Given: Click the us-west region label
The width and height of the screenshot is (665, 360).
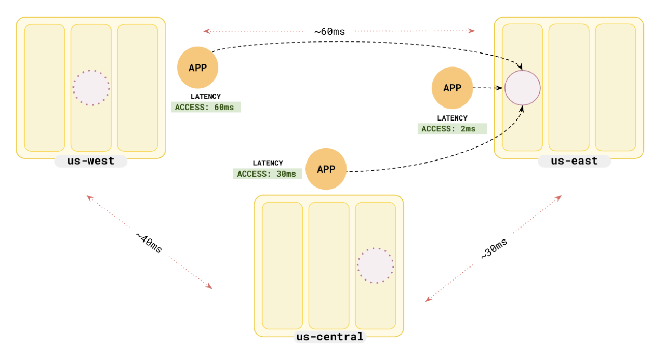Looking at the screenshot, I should click(x=91, y=161).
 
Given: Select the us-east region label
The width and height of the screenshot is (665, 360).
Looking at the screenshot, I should click(x=574, y=161).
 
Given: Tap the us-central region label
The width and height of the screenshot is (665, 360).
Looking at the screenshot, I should click(x=329, y=337).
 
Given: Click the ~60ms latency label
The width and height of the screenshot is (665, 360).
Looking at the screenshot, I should click(x=329, y=31).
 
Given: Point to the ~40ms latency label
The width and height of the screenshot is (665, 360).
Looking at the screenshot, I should click(x=149, y=243).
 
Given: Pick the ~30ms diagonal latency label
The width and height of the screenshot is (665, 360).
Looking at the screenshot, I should click(x=494, y=249).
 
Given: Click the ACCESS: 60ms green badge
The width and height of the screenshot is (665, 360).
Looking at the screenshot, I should click(x=206, y=108).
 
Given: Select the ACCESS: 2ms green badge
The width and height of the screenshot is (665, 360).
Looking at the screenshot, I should click(x=452, y=129).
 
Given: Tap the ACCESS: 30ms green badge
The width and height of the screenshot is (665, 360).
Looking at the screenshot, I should click(x=267, y=174).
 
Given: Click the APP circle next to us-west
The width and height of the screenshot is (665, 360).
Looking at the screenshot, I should click(x=197, y=68).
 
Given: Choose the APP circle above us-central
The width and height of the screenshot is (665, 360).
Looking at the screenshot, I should click(x=326, y=169).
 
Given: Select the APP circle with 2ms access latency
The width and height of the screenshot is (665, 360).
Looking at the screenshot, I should click(x=452, y=88).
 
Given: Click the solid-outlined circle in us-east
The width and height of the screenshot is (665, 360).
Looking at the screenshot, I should click(x=523, y=88).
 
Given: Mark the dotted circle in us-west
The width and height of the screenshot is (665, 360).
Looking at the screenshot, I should click(x=91, y=88).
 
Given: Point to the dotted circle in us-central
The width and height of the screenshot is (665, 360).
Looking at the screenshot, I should click(x=375, y=265).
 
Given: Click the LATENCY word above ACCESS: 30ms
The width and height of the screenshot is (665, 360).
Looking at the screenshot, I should click(x=268, y=163).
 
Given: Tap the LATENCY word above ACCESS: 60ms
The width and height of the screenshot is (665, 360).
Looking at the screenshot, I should click(x=206, y=97).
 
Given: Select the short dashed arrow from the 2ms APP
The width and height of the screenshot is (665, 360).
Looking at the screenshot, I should click(x=488, y=88).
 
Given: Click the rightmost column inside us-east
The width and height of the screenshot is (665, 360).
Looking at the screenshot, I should click(x=615, y=87).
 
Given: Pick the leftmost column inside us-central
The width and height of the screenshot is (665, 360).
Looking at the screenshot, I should click(x=282, y=265).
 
